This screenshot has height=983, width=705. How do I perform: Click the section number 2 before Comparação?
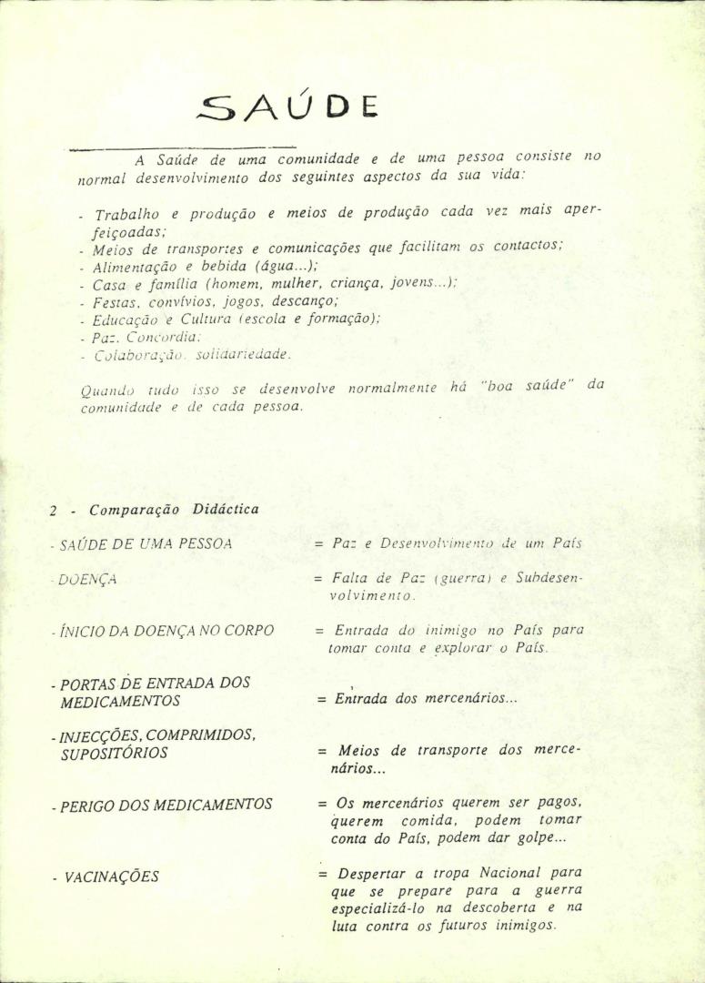pos(54,511)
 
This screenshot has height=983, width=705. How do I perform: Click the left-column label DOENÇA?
pos(88,578)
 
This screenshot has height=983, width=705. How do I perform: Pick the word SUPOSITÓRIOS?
pos(114,754)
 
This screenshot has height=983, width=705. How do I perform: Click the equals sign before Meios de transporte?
pos(322,752)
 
